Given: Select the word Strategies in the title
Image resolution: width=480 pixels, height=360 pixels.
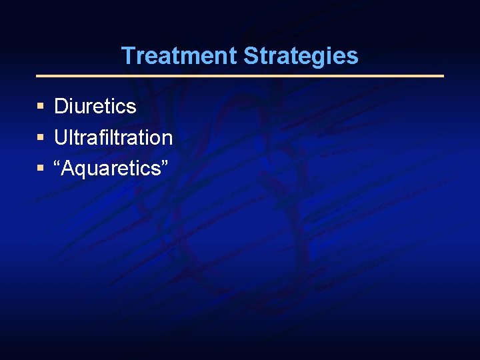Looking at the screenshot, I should pyautogui.click(x=301, y=56).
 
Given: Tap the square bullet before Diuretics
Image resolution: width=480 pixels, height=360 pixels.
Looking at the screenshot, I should pyautogui.click(x=41, y=106).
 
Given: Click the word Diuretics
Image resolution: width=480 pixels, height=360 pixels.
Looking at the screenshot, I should pyautogui.click(x=95, y=106).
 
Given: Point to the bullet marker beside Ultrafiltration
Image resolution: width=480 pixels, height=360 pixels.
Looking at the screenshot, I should pyautogui.click(x=41, y=137).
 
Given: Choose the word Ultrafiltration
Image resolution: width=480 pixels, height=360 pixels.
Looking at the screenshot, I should pyautogui.click(x=113, y=137).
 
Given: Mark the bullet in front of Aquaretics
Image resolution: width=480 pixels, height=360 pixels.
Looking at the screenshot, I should pyautogui.click(x=41, y=169).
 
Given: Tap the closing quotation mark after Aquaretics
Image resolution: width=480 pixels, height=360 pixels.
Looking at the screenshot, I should pyautogui.click(x=164, y=163).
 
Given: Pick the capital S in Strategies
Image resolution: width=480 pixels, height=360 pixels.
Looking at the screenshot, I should pyautogui.click(x=251, y=56).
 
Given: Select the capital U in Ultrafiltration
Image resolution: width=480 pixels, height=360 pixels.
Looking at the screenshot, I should pyautogui.click(x=61, y=137).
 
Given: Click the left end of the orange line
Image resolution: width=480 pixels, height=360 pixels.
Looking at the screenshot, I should pyautogui.click(x=37, y=76).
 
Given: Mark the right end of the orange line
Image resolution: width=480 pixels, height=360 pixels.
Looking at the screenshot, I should pyautogui.click(x=443, y=76).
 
